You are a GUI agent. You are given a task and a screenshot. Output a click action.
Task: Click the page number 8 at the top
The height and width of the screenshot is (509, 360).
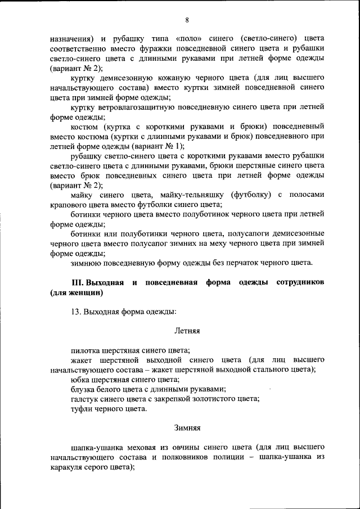pyautogui.click(x=187, y=21)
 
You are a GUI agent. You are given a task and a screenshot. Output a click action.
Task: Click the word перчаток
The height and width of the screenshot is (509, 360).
pyautogui.click(x=251, y=262)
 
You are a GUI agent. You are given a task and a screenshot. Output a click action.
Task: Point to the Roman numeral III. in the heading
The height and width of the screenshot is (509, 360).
pyautogui.click(x=76, y=282)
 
